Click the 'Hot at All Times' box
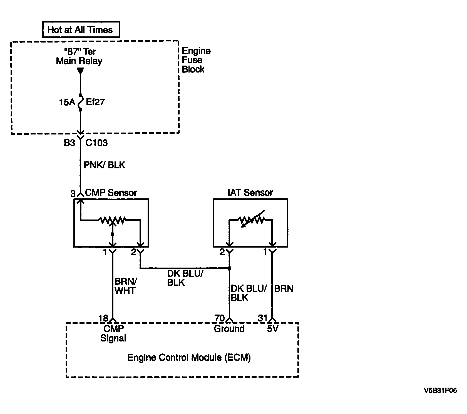81,29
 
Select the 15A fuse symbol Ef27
80,103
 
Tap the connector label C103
96,143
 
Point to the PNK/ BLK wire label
105,165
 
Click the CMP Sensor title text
111,193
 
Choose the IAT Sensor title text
250,193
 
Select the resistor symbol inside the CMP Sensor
113,220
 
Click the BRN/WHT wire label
125,286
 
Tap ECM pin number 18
103,318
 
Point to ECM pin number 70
220,318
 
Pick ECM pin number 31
263,318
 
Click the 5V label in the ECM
273,329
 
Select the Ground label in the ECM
229,329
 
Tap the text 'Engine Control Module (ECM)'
189,357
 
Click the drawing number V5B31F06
440,390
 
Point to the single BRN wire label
284,289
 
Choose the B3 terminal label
69,143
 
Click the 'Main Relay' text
79,61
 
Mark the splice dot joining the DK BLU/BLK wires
230,268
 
